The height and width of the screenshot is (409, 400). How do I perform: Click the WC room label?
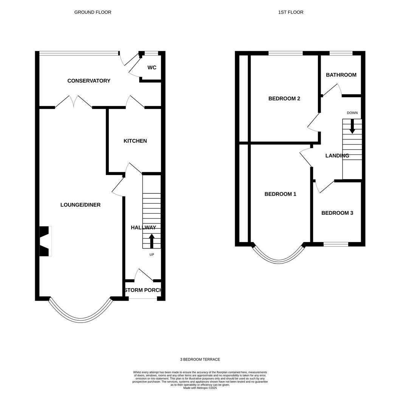(152, 67)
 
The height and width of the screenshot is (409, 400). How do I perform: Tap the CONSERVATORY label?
(89, 81)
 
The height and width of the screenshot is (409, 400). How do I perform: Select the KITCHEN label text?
(135, 141)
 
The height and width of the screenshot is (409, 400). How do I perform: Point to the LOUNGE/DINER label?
(81, 205)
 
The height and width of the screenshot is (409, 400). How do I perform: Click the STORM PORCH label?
(143, 290)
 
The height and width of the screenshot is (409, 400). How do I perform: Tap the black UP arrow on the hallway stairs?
(152, 241)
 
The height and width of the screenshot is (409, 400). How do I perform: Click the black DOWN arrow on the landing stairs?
(352, 126)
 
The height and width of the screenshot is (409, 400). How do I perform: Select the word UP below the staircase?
(152, 254)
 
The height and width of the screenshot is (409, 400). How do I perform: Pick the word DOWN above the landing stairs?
(352, 113)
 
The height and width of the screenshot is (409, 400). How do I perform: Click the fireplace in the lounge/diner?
(44, 241)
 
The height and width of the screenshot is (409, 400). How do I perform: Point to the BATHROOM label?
(341, 75)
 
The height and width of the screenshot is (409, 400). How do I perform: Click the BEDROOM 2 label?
(284, 98)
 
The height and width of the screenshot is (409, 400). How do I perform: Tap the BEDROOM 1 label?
(280, 194)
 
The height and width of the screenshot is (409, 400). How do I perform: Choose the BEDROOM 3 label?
(337, 213)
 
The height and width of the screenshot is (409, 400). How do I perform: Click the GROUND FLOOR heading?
(93, 12)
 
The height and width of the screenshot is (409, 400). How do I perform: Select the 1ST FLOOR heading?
(291, 12)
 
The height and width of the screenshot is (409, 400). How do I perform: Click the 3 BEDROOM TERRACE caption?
(200, 359)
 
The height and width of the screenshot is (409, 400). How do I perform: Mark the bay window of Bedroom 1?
(278, 259)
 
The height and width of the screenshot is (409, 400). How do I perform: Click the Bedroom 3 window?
(336, 244)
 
